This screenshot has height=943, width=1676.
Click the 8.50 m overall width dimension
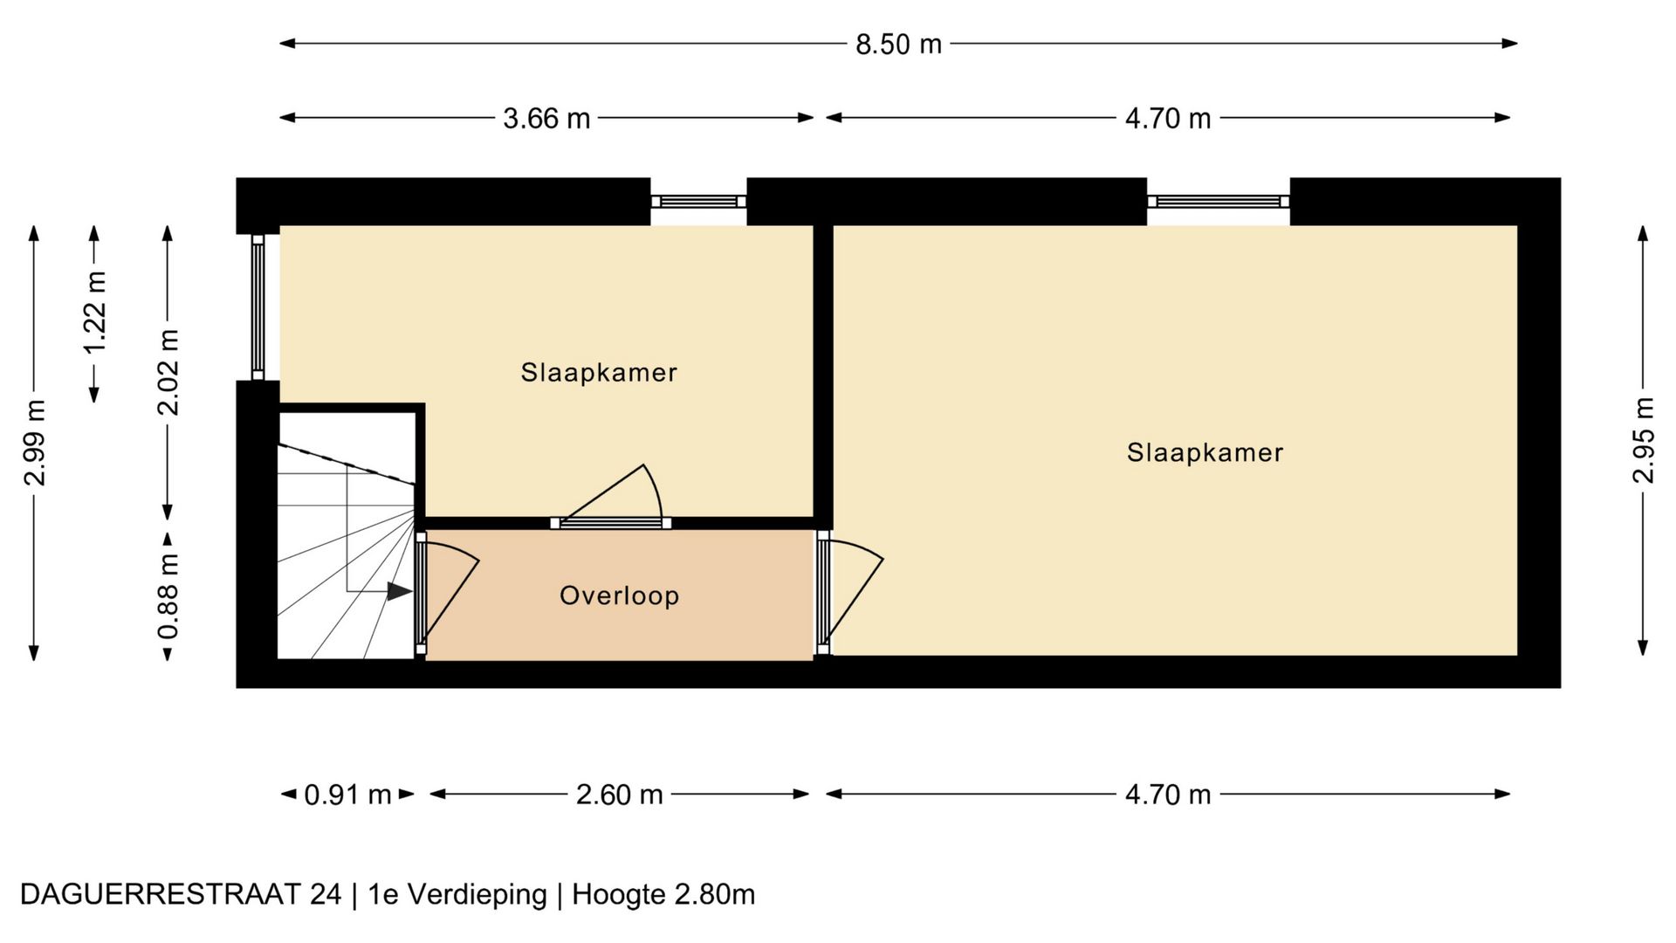(898, 44)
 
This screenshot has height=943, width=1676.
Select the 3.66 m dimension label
(546, 118)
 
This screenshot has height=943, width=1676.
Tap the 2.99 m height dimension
(34, 443)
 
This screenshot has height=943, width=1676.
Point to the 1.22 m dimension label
(94, 311)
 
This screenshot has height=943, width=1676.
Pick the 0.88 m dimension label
(168, 596)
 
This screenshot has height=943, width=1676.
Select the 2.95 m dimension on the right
(1644, 440)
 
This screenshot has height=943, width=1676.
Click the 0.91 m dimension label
(347, 795)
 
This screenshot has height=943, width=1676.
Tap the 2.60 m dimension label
(620, 795)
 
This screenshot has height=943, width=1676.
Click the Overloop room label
(620, 595)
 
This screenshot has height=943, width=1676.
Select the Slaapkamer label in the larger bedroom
(1205, 452)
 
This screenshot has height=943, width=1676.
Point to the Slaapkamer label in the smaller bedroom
(599, 372)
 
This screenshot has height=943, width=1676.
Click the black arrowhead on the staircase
(400, 591)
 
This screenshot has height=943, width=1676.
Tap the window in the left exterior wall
(258, 306)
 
